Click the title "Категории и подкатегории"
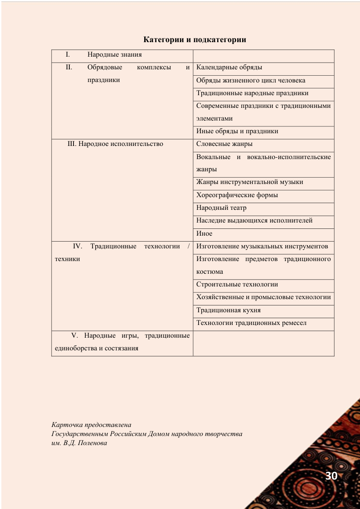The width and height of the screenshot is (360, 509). [x=195, y=40]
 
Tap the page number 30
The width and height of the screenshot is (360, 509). [x=331, y=476]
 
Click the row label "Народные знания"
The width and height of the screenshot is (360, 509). [x=115, y=55]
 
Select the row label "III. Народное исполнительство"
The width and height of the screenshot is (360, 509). [x=115, y=144]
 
